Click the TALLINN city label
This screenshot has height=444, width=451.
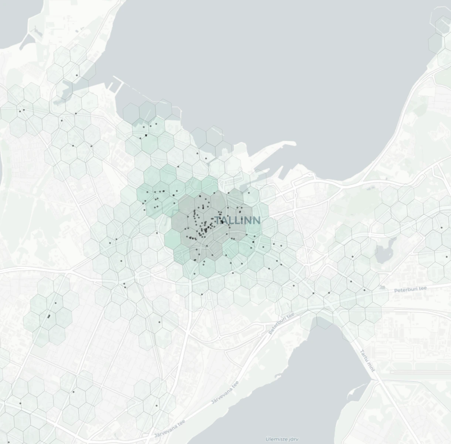pyautogui.click(x=237, y=221)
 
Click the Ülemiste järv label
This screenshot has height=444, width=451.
pyautogui.click(x=282, y=439)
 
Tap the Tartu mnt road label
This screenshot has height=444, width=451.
pyautogui.click(x=368, y=360)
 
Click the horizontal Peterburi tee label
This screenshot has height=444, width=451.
pyautogui.click(x=410, y=289)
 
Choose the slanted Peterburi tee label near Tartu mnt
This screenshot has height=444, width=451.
pyautogui.click(x=281, y=323)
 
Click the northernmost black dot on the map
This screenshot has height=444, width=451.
pyautogui.click(x=77, y=75)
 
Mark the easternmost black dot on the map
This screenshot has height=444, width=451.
pyautogui.click(x=447, y=257)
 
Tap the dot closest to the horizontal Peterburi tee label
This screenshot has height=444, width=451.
pyautogui.click(x=364, y=290)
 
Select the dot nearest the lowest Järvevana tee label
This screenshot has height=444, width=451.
pyautogui.click(x=156, y=406)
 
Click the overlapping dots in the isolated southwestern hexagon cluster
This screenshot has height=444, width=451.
pyautogui.click(x=49, y=316)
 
